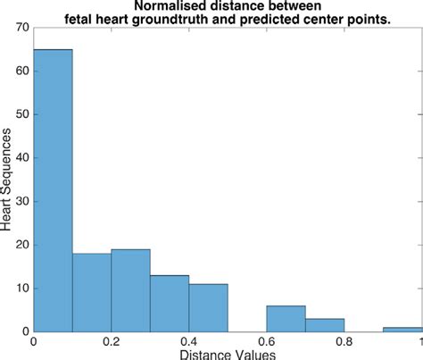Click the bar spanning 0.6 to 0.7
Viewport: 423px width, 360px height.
tap(286, 318)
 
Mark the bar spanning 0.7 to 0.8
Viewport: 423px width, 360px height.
tap(324, 325)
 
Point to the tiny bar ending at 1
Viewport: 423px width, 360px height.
tap(402, 329)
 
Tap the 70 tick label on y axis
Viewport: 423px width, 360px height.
tap(21, 28)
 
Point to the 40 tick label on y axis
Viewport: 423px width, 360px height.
tap(21, 158)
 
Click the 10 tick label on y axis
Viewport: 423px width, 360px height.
tap(21, 289)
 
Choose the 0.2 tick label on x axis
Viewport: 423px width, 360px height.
tap(111, 341)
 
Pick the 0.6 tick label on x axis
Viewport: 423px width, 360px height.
tap(266, 341)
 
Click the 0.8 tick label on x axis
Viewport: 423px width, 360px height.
tap(344, 341)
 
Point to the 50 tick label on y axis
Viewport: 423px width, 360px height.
tap(21, 114)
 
